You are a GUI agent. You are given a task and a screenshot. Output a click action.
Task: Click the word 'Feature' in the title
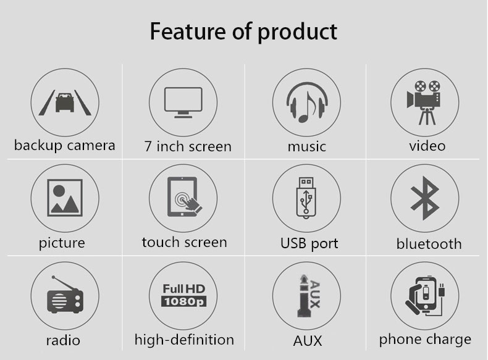point(188,31)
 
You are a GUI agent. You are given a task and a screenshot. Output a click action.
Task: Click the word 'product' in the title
point(298,33)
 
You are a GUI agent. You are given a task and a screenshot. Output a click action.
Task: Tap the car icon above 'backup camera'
point(65,102)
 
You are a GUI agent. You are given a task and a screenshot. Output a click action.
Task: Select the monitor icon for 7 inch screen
point(183,103)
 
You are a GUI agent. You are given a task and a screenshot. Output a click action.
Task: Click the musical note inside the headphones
point(307,107)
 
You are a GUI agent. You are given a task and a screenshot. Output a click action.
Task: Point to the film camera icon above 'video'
point(424,103)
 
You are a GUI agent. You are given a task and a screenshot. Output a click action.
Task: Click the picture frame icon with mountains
point(65,198)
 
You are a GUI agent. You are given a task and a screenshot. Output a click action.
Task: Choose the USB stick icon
point(306,198)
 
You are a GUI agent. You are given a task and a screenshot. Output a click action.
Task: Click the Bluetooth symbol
point(425,198)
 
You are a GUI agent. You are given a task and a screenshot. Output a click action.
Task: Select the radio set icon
point(65,295)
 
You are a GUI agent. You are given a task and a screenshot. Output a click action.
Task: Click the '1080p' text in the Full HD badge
point(183,301)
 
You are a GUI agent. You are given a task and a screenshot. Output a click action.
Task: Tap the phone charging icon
point(425,296)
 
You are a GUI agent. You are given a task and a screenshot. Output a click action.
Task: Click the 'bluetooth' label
point(429,244)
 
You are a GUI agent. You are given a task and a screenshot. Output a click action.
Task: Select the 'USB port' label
point(309,244)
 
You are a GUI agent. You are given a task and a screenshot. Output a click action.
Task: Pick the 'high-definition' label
point(184,340)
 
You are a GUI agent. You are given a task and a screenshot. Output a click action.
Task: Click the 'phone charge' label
point(425,340)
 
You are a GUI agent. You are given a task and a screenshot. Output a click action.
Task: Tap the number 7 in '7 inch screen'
point(148,146)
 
